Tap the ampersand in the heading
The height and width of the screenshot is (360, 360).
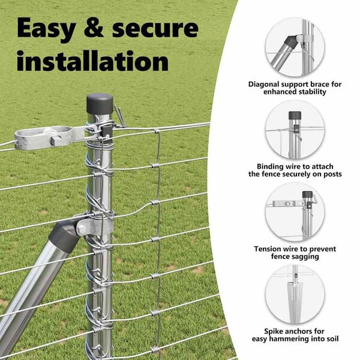click(x=94, y=28)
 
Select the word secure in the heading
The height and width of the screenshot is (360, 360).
click(x=155, y=29)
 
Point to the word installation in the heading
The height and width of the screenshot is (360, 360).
click(x=93, y=61)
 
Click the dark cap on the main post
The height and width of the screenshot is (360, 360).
click(x=100, y=104)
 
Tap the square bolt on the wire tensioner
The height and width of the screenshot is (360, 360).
click(x=56, y=140)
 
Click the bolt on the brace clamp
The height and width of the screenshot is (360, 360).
click(x=82, y=229)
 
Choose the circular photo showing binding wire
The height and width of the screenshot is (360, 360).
click(x=295, y=130)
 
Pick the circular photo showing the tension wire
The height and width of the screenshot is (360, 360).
click(x=295, y=212)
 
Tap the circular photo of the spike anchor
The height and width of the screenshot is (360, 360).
click(x=295, y=295)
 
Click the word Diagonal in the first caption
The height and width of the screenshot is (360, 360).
click(x=264, y=85)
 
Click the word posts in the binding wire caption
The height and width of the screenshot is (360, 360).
click(x=332, y=174)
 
